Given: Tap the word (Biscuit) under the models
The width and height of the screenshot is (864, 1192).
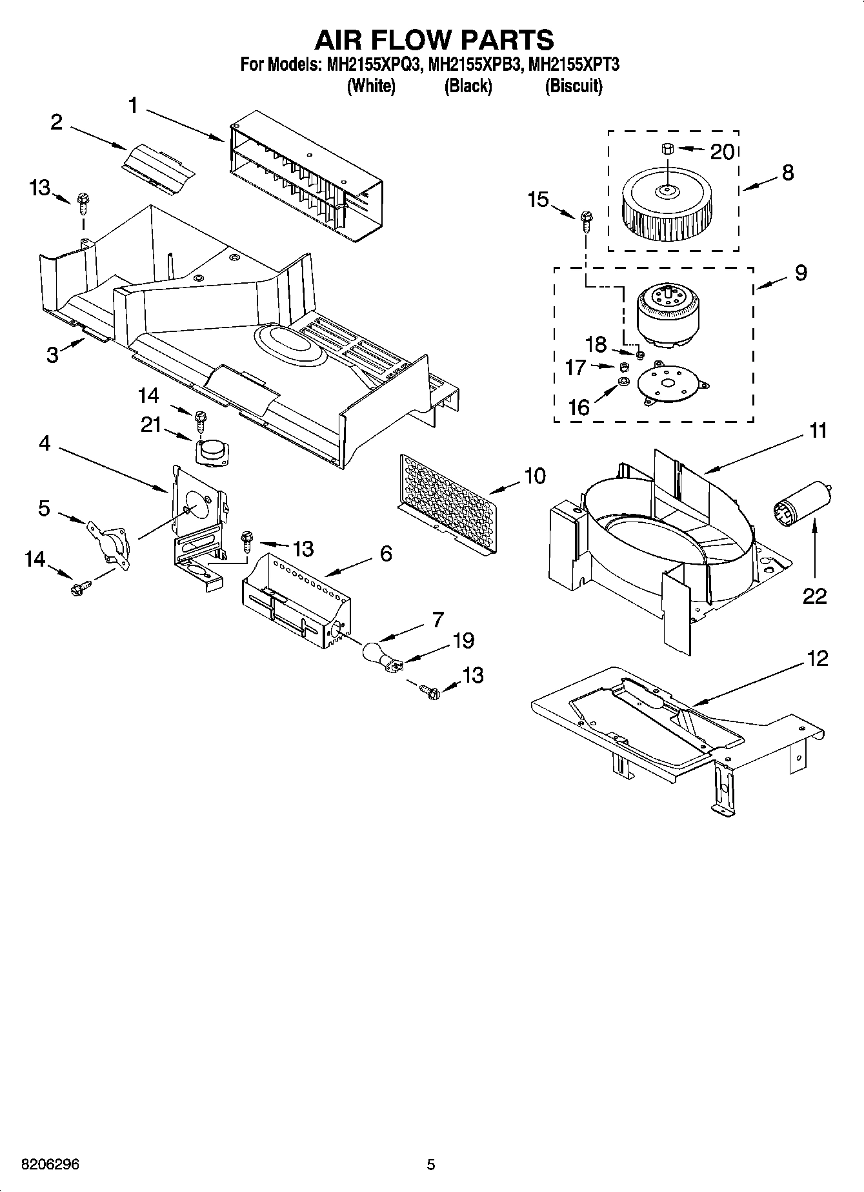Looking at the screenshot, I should tap(573, 86).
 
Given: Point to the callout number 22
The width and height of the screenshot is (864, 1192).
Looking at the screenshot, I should tap(814, 596).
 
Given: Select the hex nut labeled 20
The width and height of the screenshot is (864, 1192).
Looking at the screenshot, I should tap(667, 149).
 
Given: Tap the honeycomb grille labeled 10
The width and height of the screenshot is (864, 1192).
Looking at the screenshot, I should tap(449, 503).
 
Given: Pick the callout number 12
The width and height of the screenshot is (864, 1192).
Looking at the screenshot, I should tap(817, 660).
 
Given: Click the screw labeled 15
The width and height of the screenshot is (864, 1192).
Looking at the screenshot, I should tap(585, 221).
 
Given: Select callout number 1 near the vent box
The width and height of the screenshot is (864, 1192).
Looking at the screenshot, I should tap(133, 105).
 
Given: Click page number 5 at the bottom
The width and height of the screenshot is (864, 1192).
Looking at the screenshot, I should tap(431, 1164).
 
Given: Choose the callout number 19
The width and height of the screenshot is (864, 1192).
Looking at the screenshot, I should tap(463, 641).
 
